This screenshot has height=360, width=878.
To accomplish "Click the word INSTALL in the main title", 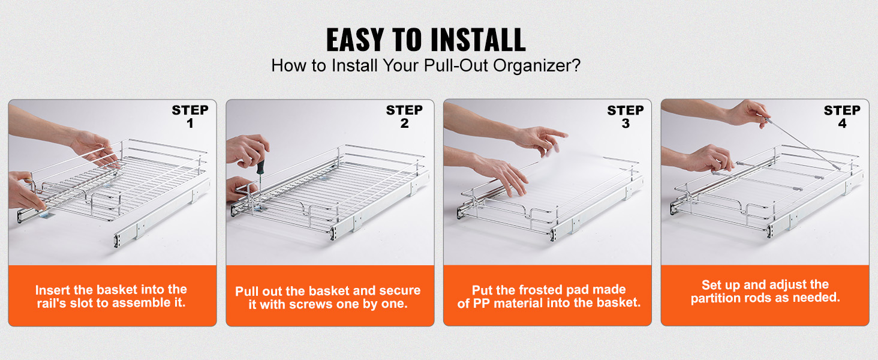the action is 478,40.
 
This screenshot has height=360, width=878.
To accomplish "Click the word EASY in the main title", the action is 355,40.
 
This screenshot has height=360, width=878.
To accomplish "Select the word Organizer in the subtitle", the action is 533,66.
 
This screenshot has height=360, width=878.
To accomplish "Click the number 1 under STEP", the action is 190,123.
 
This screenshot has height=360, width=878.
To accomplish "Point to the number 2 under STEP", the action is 404,123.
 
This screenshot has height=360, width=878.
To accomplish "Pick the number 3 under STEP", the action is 626,124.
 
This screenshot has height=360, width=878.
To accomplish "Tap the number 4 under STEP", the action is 842,124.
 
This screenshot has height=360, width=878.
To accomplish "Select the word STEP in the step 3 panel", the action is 626,110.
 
